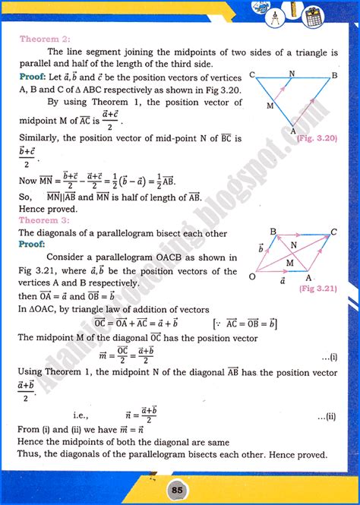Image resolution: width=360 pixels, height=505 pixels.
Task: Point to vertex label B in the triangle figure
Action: coord(333,75)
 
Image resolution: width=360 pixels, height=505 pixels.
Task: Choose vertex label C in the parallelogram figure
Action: coord(334,229)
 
